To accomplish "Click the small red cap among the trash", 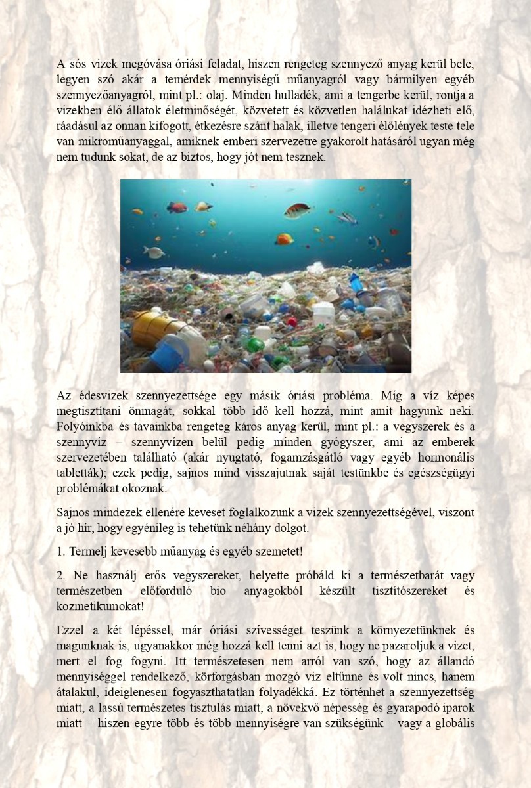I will point(291,322).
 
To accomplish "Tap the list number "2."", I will point(61,575).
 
